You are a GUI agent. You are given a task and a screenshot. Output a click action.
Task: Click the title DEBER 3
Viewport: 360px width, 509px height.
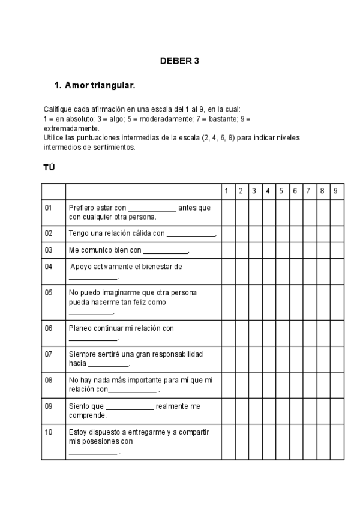(179, 61)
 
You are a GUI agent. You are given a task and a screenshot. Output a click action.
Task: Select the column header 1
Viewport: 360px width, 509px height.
(226, 191)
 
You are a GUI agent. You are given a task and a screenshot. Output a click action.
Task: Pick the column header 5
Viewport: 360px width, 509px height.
(281, 191)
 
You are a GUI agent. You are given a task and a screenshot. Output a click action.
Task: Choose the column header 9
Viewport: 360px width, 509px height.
(336, 191)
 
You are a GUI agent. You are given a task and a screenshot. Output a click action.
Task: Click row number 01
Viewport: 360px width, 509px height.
(49, 208)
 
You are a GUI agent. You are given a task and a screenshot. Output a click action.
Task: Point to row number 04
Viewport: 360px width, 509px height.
(49, 266)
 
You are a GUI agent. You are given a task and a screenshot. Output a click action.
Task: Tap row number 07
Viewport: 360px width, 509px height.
(49, 354)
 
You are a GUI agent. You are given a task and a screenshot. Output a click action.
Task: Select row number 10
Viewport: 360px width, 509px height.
(49, 432)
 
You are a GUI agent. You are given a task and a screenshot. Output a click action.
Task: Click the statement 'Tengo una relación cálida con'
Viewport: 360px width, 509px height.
(117, 233)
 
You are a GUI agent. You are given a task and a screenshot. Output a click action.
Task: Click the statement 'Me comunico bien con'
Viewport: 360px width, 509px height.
(105, 250)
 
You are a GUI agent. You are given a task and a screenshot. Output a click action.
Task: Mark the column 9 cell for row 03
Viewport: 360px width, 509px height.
(336, 250)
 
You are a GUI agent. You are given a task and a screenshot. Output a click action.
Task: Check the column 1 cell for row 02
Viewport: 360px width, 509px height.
(226, 233)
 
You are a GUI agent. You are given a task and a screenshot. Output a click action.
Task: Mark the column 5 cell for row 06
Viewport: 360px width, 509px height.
(281, 333)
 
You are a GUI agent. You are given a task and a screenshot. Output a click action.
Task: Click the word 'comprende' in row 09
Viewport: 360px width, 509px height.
(88, 415)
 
